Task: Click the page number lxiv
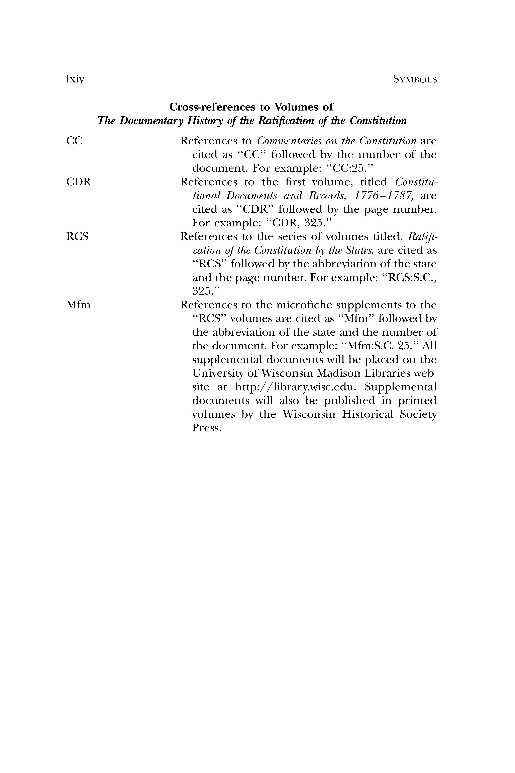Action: click(75, 80)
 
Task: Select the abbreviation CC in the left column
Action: click(75, 141)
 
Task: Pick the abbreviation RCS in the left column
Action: click(78, 237)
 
